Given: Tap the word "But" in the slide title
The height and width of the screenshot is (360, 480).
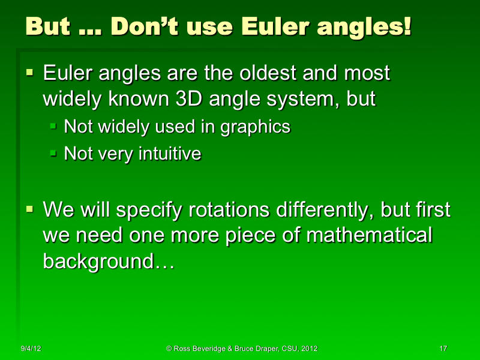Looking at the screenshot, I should [49, 27].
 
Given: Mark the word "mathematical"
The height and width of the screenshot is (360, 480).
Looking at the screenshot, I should [368, 235].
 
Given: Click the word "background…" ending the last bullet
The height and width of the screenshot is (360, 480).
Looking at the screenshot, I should [108, 261].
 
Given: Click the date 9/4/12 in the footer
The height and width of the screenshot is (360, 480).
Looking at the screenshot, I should [30, 349].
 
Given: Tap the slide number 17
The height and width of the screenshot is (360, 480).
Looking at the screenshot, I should [443, 349].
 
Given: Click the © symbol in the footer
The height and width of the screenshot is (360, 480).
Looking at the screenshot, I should [169, 349].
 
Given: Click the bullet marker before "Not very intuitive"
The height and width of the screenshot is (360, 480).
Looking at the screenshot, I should [53, 154].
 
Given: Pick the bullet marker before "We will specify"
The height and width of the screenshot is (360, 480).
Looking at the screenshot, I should [30, 209].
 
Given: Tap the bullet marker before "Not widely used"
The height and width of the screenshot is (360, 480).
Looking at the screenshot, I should [53, 126].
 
